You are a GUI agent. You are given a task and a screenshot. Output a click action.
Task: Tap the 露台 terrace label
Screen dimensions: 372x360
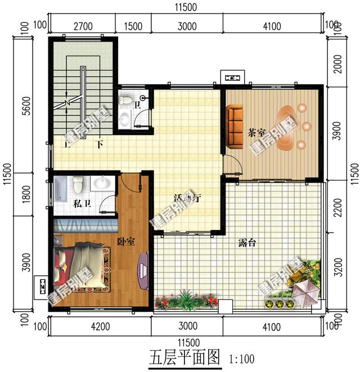[247, 243]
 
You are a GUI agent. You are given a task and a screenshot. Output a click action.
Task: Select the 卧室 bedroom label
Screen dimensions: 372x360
[126, 242]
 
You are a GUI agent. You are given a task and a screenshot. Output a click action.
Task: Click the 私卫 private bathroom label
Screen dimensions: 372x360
[82, 203]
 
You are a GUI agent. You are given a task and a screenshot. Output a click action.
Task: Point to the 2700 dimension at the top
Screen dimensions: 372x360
[83, 26]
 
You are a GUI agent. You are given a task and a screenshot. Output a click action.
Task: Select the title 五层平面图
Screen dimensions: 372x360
[184, 357]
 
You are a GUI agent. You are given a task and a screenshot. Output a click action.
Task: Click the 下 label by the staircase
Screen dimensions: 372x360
[100, 144]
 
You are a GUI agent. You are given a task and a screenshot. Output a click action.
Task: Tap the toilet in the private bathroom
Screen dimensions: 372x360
[78, 184]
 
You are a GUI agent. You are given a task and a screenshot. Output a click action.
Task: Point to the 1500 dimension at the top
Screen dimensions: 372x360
[133, 26]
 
